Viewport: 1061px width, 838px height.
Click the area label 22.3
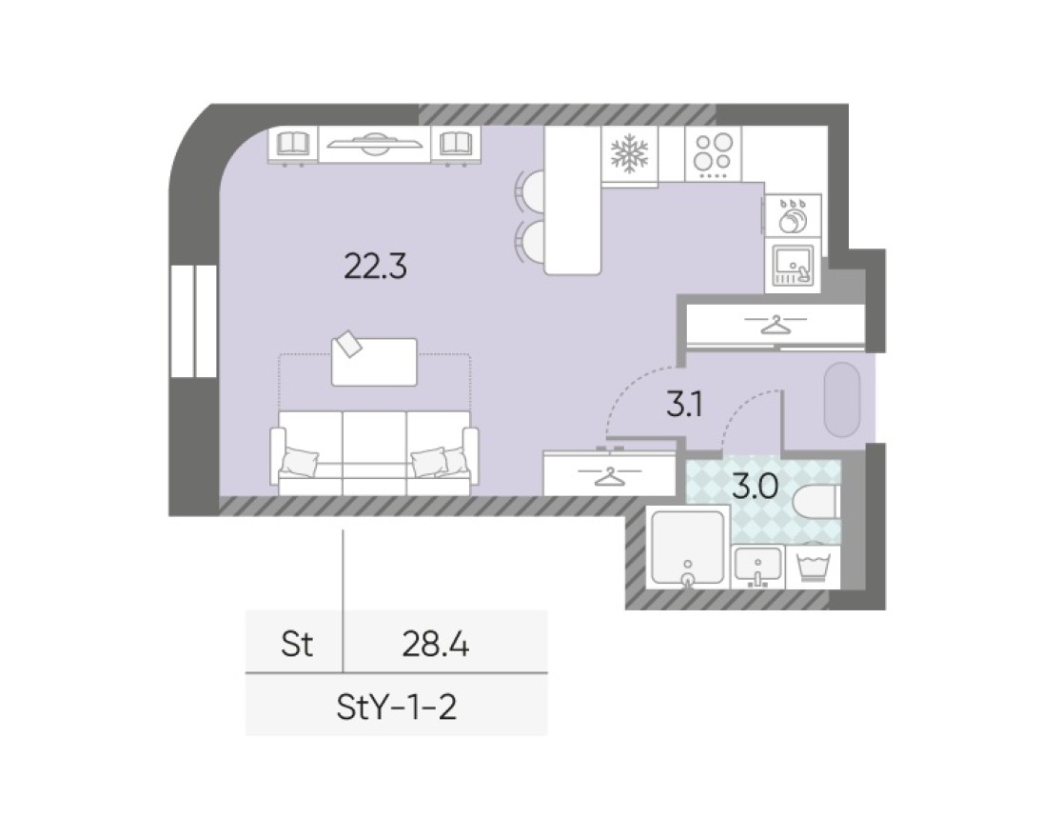[x=375, y=268]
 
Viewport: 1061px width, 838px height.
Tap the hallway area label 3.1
[x=683, y=408]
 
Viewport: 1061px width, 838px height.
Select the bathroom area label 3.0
[x=756, y=487]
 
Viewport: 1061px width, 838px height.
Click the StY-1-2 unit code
[x=397, y=708]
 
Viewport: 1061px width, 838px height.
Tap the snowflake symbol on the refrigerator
[x=629, y=154]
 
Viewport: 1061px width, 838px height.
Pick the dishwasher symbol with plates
[x=792, y=217]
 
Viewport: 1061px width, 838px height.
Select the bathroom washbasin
[x=758, y=568]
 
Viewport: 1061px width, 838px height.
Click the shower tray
[x=687, y=549]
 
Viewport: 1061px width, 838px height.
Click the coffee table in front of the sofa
[x=374, y=362]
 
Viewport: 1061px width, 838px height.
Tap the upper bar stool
[x=531, y=187]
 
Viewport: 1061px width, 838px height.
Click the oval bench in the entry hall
[x=842, y=399]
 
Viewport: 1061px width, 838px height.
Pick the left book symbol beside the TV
[x=293, y=145]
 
